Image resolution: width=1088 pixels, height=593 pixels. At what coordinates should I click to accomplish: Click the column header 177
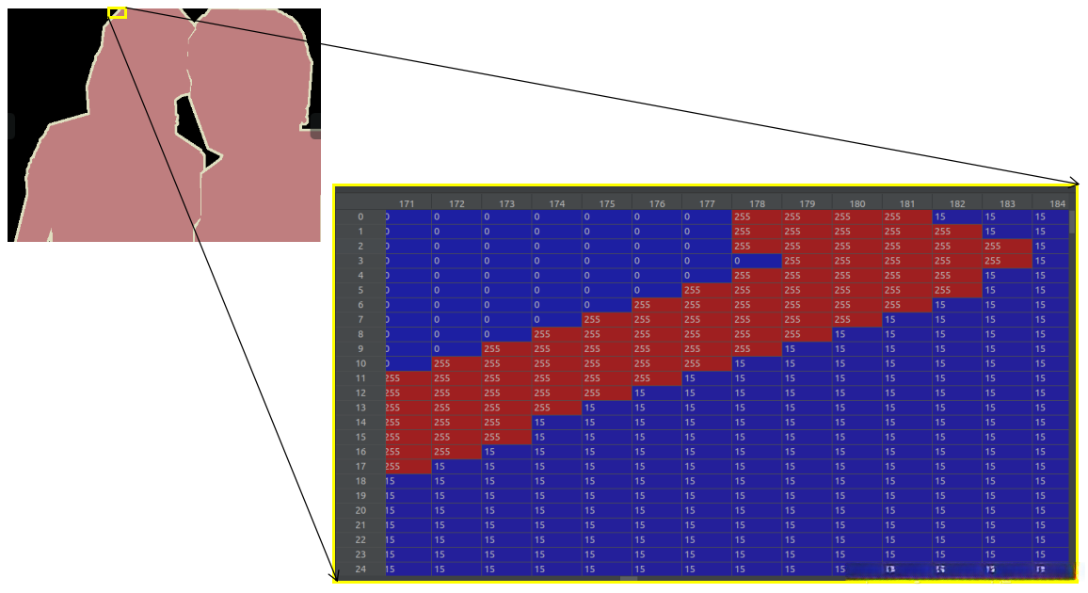pyautogui.click(x=707, y=203)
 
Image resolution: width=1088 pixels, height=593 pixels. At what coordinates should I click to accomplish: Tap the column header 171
pyautogui.click(x=407, y=203)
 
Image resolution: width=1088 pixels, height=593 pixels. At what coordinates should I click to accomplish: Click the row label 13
pyautogui.click(x=360, y=408)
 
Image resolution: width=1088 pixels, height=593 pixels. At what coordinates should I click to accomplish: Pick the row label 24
pyautogui.click(x=360, y=569)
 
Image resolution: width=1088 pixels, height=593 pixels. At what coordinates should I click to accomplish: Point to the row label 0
pyautogui.click(x=360, y=216)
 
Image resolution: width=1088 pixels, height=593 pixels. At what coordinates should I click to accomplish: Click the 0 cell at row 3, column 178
pyautogui.click(x=757, y=261)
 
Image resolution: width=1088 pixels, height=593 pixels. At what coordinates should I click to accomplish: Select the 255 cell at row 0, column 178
pyautogui.click(x=757, y=216)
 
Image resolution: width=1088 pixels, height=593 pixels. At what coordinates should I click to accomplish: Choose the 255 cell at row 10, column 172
pyautogui.click(x=456, y=363)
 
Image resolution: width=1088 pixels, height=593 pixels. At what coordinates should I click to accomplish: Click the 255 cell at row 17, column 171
pyautogui.click(x=407, y=467)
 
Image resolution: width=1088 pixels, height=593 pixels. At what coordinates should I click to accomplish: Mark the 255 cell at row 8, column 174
pyautogui.click(x=556, y=334)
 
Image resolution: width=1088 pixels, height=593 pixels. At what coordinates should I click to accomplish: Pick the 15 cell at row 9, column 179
pyautogui.click(x=807, y=349)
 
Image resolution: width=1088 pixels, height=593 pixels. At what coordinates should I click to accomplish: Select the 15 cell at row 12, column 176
pyautogui.click(x=657, y=393)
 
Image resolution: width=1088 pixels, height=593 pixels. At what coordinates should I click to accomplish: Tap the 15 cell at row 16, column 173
pyautogui.click(x=506, y=452)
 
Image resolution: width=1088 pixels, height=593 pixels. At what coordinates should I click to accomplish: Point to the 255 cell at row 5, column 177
pyautogui.click(x=707, y=290)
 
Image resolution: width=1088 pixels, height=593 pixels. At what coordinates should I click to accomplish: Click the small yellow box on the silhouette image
pyautogui.click(x=117, y=13)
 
